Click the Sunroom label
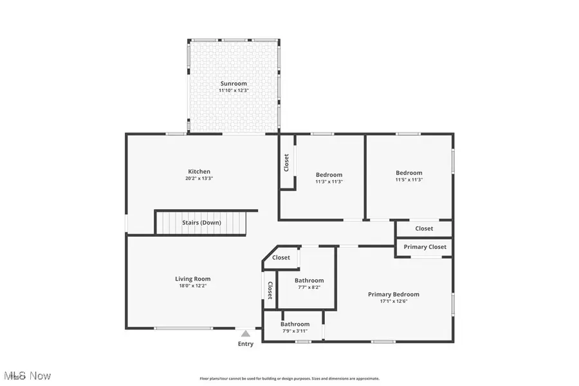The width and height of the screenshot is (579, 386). [x=234, y=84]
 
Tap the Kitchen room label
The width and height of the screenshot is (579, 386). [x=199, y=171]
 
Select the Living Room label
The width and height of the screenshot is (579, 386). [x=193, y=279]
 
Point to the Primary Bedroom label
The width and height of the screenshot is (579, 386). [x=393, y=294]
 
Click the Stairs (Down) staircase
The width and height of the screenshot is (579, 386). [x=201, y=223]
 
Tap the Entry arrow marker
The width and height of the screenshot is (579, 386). [x=245, y=333]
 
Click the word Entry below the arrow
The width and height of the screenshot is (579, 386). [x=245, y=344]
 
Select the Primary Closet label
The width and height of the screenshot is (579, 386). [x=425, y=247]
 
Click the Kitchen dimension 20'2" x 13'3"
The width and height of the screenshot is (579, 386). [x=199, y=178]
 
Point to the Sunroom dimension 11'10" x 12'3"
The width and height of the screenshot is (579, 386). [x=234, y=91]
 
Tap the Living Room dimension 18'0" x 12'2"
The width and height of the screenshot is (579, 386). [x=193, y=286]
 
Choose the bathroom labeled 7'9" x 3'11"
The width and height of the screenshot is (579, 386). [x=295, y=327]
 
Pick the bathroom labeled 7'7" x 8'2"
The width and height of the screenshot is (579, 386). [x=309, y=284]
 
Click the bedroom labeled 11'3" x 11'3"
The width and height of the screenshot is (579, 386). [x=329, y=178]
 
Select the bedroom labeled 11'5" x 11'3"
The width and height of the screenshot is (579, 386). [x=409, y=176]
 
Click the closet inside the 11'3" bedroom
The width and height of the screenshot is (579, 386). [x=287, y=162]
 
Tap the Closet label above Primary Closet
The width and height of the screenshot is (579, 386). [x=424, y=228]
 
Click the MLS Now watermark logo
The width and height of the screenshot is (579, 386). [x=27, y=375]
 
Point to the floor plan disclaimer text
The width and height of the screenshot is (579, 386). [x=289, y=378]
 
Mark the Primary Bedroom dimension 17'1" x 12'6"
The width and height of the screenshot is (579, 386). [x=393, y=301]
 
